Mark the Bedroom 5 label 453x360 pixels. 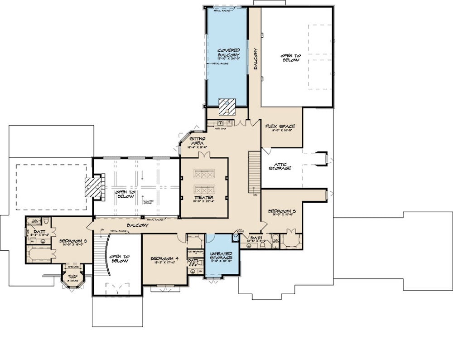click(x=281, y=211)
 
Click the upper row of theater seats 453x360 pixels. click(x=203, y=173)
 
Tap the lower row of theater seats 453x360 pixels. click(x=203, y=189)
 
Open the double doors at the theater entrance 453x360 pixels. click(x=203, y=156)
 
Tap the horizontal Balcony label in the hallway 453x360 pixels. click(x=137, y=225)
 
